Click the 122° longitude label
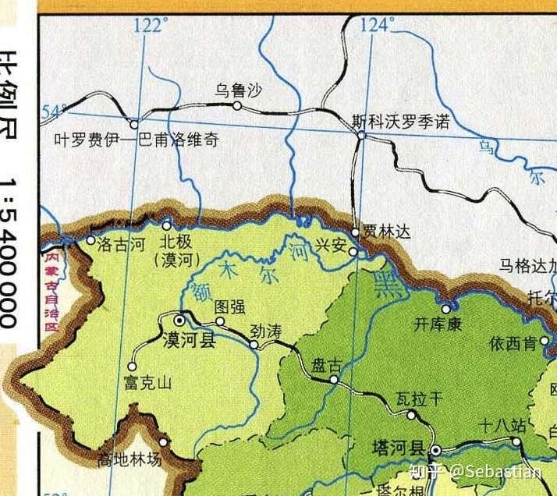(x=151, y=26)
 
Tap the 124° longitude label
(x=377, y=26)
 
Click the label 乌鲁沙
(x=238, y=91)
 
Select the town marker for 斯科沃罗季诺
(x=361, y=136)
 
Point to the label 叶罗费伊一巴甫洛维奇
(x=136, y=141)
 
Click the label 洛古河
(x=122, y=244)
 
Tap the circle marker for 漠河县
(x=179, y=320)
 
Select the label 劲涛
(x=266, y=331)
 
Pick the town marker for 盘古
(x=333, y=380)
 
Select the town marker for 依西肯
(x=545, y=342)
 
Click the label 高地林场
(x=129, y=460)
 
